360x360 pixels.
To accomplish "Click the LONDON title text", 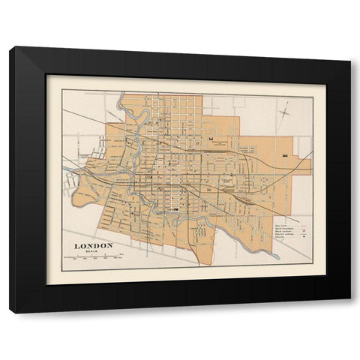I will pyautogui.click(x=93, y=245).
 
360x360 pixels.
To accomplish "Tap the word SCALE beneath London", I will pyautogui.click(x=93, y=251).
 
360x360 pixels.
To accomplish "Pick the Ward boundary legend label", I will pyautogui.click(x=285, y=229).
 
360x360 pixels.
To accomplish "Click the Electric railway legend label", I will pyautogui.click(x=286, y=238).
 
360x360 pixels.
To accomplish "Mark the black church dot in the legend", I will pyautogui.click(x=303, y=242).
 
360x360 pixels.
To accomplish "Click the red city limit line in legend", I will pyautogui.click(x=304, y=224).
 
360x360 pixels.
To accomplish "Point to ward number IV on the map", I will pyautogui.click(x=199, y=140).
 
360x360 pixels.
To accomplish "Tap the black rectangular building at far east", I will pyautogui.click(x=288, y=153).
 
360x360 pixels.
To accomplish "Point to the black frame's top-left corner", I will pyautogui.click(x=11, y=48).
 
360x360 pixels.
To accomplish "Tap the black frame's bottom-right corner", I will pyautogui.click(x=349, y=311).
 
